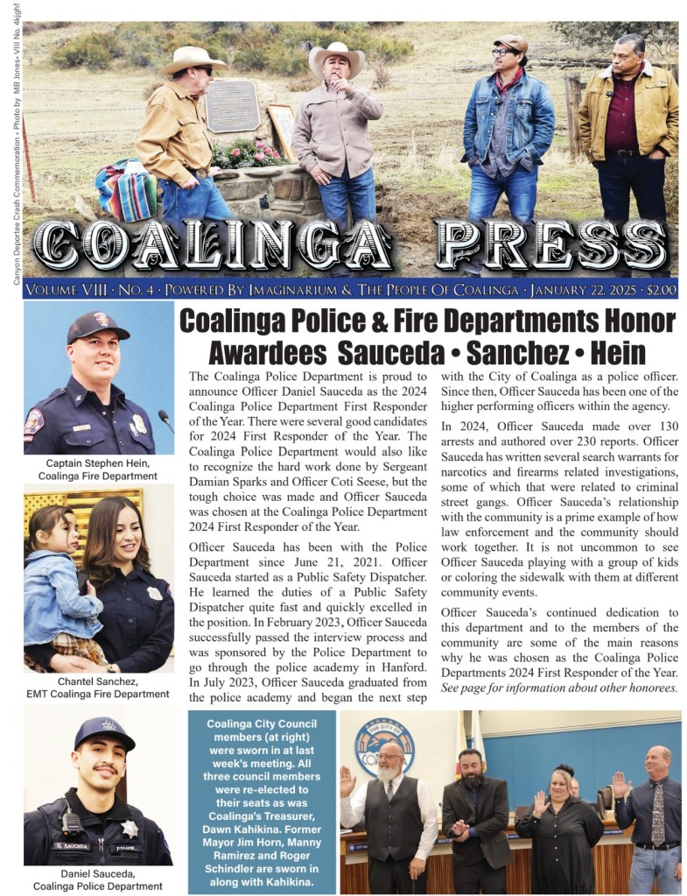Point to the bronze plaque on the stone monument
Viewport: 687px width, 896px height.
(x=232, y=106)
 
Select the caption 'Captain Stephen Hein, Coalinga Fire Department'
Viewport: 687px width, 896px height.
(x=98, y=469)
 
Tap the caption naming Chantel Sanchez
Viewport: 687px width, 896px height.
(x=98, y=688)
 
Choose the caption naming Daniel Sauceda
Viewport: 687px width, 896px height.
(x=98, y=879)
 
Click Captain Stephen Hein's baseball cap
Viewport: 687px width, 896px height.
(x=96, y=327)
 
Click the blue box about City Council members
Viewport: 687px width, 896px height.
(x=263, y=801)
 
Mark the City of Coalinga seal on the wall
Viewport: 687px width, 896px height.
(x=385, y=743)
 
